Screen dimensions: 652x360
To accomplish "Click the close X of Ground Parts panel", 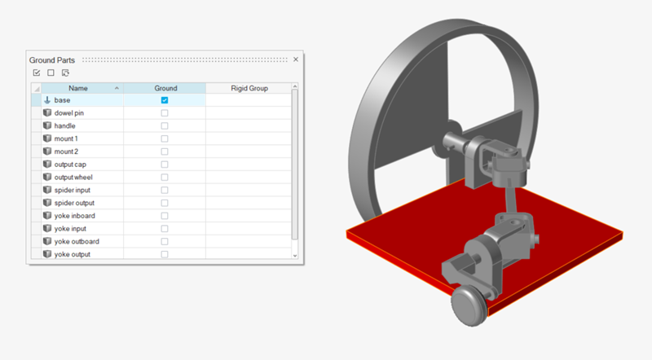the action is (x=296, y=59).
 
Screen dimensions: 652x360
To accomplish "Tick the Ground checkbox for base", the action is (x=165, y=100).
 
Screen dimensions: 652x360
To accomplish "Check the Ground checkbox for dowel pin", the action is (x=165, y=113).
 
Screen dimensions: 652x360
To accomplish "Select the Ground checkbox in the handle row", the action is (x=165, y=126).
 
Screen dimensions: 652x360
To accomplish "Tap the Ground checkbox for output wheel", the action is (x=165, y=177).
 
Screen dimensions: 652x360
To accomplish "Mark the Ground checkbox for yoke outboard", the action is (x=165, y=242).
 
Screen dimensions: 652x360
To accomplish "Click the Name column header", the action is (x=78, y=88).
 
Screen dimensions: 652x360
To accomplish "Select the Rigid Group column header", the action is (x=249, y=88).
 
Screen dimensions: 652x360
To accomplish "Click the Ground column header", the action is (x=165, y=88).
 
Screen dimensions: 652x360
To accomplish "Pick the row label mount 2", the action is (x=66, y=151).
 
